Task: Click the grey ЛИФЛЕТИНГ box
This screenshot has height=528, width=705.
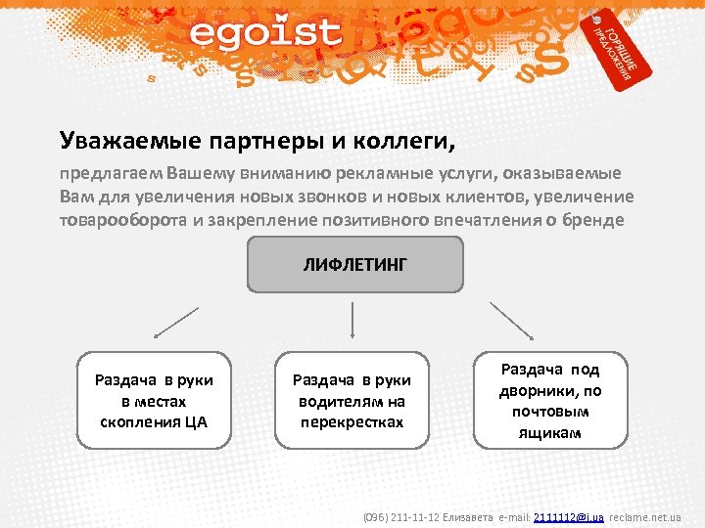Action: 353,264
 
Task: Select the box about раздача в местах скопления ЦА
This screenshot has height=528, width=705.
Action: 154,401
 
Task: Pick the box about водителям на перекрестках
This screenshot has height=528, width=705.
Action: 352,401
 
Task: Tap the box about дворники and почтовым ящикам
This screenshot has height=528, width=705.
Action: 550,400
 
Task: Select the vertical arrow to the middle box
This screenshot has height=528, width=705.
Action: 352,321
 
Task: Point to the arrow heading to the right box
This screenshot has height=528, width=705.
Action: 511,320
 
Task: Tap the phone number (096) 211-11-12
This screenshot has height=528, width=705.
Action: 401,516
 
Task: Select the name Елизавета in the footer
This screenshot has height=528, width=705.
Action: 468,516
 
